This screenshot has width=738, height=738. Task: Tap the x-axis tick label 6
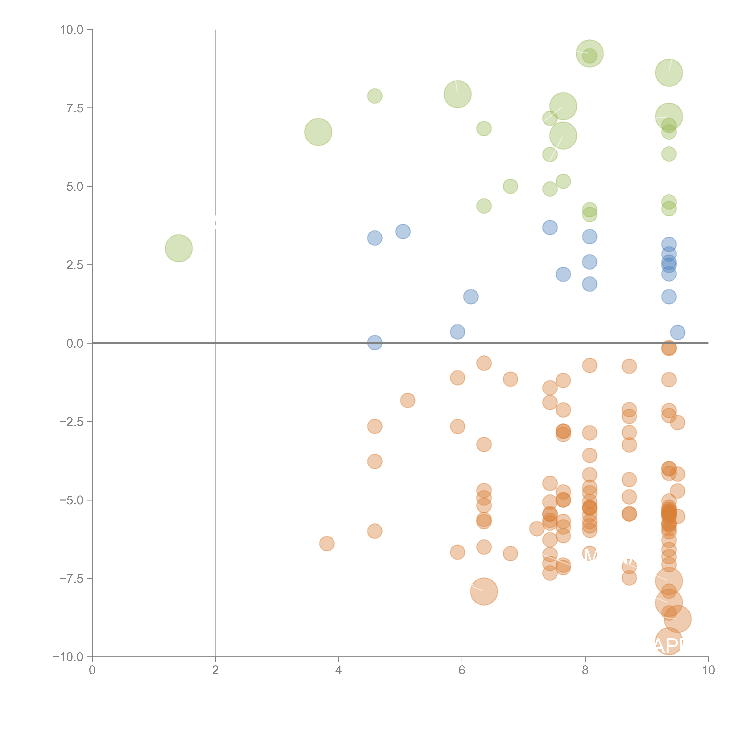pos(462,670)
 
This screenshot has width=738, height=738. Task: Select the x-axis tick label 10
pos(708,670)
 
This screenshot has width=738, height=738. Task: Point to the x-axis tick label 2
pos(215,670)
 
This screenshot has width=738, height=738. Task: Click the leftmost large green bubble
pos(178,248)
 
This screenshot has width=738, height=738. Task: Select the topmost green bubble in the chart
pos(589,53)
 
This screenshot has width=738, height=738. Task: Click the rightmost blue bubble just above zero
pos(677,332)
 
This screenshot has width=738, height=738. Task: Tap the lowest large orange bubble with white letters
pos(668,641)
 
